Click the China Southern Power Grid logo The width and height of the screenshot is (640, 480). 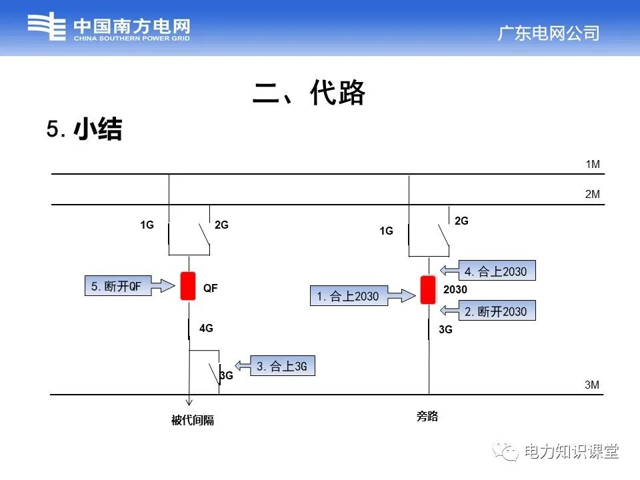coord(109,29)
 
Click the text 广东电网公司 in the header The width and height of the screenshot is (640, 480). coord(549,33)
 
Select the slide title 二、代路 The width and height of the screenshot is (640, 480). coord(309,94)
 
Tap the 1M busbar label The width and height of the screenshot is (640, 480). coord(593,164)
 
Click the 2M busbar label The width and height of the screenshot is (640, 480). coord(593,195)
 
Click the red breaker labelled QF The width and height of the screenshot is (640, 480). coord(188,287)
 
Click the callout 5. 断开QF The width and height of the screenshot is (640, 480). coord(117,287)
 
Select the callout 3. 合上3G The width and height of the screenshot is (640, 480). coord(282,366)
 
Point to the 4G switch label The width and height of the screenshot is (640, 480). coord(207,328)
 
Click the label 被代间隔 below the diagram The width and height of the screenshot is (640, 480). coord(193,421)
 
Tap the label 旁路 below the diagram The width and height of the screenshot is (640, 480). coord(427,417)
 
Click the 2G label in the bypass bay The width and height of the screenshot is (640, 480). coord(461,221)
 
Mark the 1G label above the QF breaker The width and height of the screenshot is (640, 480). coord(147,225)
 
